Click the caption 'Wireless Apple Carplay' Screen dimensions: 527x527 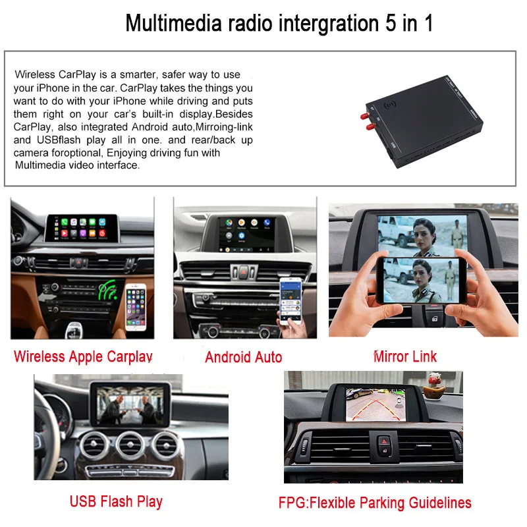(x=83, y=357)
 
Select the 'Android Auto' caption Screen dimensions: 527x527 (x=243, y=358)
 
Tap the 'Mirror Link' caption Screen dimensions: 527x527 (x=405, y=357)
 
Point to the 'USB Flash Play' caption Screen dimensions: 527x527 (x=116, y=501)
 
